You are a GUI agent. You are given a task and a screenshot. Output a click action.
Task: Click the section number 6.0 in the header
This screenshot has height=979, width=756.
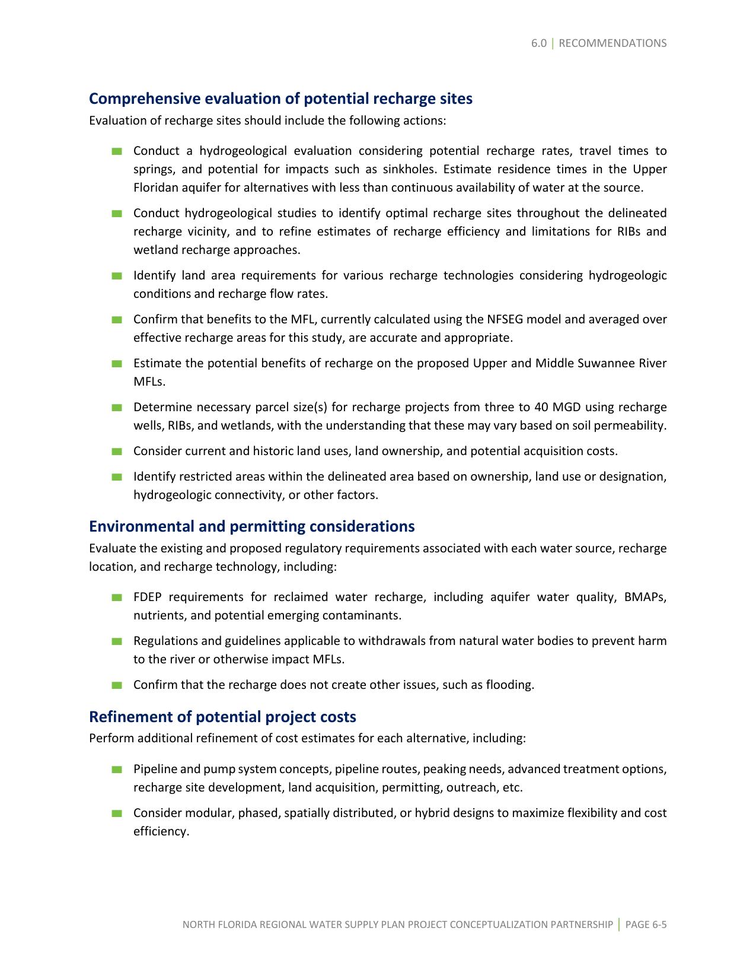coord(538,43)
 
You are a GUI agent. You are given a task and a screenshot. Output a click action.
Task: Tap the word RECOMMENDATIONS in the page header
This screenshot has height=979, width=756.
coord(613,43)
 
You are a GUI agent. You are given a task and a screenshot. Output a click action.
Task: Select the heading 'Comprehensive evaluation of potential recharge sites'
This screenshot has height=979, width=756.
coord(280,98)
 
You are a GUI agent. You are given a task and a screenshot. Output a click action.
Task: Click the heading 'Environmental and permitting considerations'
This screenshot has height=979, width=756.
coord(251,526)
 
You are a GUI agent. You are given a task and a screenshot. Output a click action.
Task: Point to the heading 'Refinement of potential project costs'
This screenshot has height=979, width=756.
coord(222,717)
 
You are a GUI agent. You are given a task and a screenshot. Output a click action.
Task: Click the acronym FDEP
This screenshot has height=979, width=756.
coord(148,597)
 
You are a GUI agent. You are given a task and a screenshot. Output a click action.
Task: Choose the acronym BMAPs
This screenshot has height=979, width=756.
coord(645,597)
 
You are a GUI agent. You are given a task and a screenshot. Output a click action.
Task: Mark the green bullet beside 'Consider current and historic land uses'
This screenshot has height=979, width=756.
coord(116,452)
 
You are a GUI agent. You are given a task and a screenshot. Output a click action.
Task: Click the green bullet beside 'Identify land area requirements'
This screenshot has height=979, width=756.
coord(116,276)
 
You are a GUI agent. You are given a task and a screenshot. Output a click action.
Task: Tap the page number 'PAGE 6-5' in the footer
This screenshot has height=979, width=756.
coord(646,924)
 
